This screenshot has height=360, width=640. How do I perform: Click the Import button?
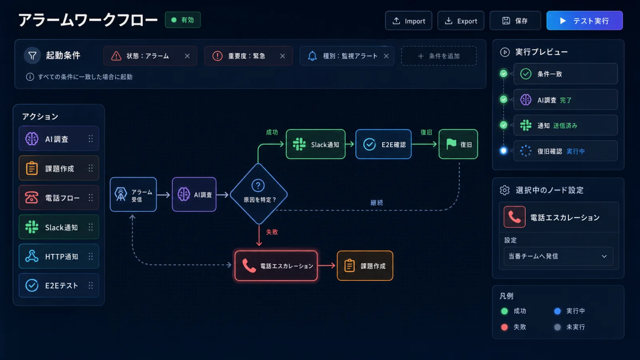[408, 20]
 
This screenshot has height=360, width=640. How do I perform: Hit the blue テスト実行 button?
[584, 20]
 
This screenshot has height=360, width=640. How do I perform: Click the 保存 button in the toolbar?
[515, 20]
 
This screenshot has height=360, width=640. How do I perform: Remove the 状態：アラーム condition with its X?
[187, 56]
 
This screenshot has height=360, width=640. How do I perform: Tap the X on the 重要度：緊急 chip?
[282, 56]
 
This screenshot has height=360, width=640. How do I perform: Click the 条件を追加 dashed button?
[439, 56]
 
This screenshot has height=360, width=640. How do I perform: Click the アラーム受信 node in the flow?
[133, 194]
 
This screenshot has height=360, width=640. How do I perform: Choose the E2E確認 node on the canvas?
[384, 144]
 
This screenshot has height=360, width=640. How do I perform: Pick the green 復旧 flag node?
[458, 144]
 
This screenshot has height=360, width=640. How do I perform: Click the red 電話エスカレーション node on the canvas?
[276, 266]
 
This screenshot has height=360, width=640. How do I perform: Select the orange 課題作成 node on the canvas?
[365, 266]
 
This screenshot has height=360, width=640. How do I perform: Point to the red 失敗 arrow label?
[272, 232]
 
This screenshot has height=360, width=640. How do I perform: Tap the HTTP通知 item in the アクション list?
[59, 256]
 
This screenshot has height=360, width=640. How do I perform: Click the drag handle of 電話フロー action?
[90, 198]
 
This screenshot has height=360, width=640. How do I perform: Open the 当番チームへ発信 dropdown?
[558, 256]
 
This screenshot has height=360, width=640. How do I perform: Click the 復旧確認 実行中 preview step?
[566, 151]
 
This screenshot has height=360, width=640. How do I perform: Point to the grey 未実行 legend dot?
[557, 327]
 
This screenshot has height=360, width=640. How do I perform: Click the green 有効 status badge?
[183, 20]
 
